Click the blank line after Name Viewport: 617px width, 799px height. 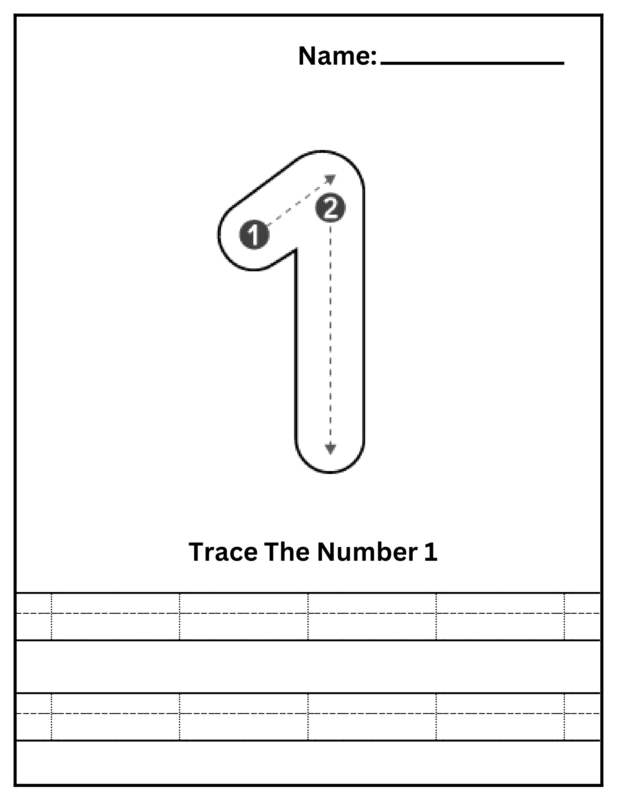pyautogui.click(x=472, y=63)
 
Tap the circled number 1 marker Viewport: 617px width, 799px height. pyautogui.click(x=254, y=235)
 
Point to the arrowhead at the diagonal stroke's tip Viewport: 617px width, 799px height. pyautogui.click(x=331, y=179)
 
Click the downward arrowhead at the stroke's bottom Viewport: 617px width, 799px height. pyautogui.click(x=330, y=449)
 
